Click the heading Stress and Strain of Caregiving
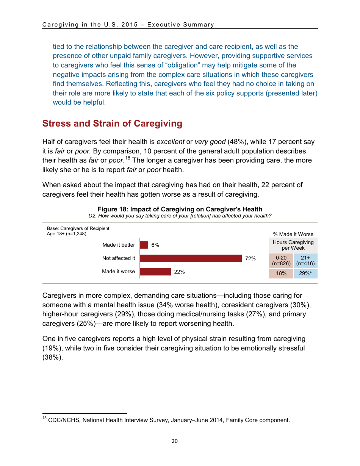point(112,124)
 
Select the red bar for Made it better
point(144,245)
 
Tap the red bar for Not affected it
point(191,258)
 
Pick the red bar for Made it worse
point(155,272)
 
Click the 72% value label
point(250,258)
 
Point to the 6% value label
point(155,245)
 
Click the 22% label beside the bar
point(180,272)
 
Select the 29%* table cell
point(305,274)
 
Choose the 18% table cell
point(281,274)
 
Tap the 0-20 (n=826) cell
point(281,261)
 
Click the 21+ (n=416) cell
point(305,261)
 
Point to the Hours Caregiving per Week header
point(293,245)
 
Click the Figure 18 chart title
point(180,209)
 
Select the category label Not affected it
point(118,258)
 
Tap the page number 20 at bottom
point(174,441)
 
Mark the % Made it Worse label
point(293,234)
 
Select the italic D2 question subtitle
point(180,216)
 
